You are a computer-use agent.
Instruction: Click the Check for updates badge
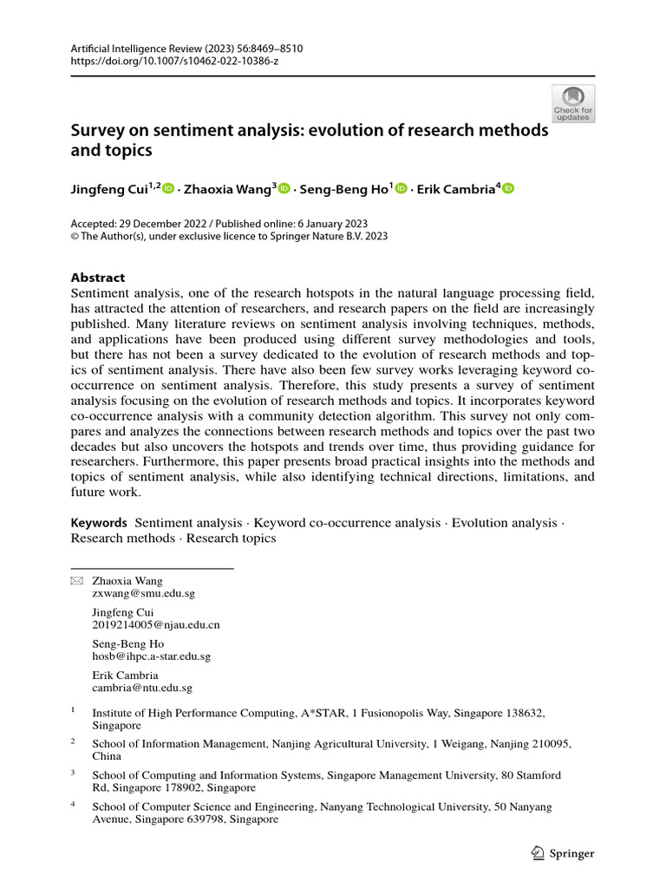pyautogui.click(x=572, y=104)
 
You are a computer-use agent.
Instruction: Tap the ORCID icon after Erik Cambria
pyautogui.click(x=508, y=188)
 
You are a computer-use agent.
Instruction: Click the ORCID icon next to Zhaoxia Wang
pyautogui.click(x=284, y=188)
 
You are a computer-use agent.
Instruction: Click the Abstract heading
pyautogui.click(x=97, y=277)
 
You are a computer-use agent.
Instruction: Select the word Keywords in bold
pyautogui.click(x=99, y=523)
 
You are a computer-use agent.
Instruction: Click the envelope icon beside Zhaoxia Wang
pyautogui.click(x=76, y=581)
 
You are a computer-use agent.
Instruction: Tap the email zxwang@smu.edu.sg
pyautogui.click(x=143, y=594)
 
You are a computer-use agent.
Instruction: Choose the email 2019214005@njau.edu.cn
pyautogui.click(x=156, y=624)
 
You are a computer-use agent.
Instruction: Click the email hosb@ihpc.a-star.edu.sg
pyautogui.click(x=151, y=656)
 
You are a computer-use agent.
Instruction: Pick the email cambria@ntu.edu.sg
pyautogui.click(x=142, y=688)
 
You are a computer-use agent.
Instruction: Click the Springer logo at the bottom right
pyautogui.click(x=562, y=853)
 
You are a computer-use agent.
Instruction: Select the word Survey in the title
pyautogui.click(x=96, y=131)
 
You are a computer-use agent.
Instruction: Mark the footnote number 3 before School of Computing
pyautogui.click(x=74, y=773)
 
